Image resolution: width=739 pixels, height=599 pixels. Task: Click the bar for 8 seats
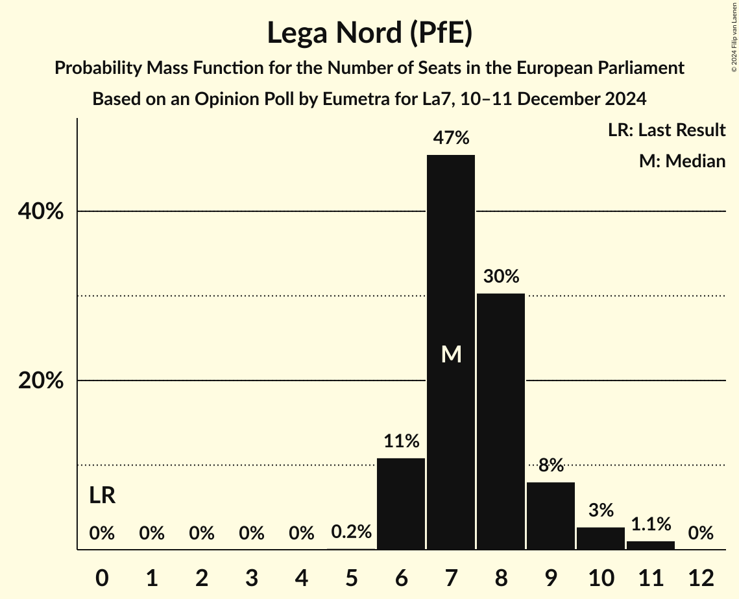pos(501,421)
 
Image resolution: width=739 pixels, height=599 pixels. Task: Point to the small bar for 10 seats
pos(601,539)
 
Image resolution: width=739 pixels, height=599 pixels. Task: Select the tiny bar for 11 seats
pos(651,545)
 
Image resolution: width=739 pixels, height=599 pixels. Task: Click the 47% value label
pos(451,138)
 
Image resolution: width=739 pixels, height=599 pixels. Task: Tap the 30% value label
pos(501,277)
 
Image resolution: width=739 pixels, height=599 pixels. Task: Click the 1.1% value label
pos(651,524)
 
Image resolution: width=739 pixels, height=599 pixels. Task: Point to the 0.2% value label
pos(351,533)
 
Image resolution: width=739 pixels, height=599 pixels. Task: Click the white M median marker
pos(451,355)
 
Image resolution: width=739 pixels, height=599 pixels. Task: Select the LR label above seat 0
pos(102,496)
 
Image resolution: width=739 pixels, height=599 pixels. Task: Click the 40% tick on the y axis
pos(41,212)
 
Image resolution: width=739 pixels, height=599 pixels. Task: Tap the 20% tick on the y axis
pos(41,381)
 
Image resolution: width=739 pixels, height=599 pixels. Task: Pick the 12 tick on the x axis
pos(701,578)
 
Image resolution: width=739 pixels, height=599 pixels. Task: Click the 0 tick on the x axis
pos(102,578)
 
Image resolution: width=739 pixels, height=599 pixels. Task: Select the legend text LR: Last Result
pos(666,130)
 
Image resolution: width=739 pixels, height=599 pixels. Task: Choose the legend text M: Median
pos(682,161)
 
